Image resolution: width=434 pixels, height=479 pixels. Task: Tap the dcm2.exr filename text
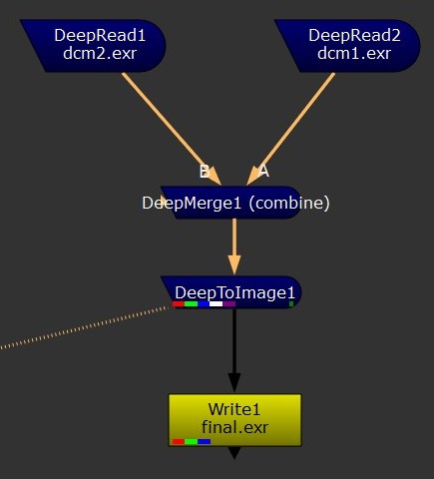100,54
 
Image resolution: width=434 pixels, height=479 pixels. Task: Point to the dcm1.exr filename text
354,54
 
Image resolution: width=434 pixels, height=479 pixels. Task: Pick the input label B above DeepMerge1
205,172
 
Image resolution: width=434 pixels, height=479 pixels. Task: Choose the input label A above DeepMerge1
263,171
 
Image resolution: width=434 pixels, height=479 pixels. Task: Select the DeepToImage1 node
232,292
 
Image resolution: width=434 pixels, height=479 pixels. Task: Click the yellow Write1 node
234,420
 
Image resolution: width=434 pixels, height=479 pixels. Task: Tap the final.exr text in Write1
234,427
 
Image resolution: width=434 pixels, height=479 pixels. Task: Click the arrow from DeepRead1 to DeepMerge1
172,129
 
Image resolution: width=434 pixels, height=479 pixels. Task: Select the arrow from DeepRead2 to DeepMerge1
290,129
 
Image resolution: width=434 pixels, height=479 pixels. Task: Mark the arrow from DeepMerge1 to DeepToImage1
234,246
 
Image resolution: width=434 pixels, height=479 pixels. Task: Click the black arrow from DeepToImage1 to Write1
234,350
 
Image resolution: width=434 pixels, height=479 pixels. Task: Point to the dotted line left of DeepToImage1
84,327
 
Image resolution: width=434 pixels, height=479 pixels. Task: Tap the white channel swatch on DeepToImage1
217,303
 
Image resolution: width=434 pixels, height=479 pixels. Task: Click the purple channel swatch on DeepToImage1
229,303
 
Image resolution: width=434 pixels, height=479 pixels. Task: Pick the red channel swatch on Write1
179,441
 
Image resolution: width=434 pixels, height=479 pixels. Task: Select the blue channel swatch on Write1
205,441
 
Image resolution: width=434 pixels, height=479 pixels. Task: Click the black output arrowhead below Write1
234,452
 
